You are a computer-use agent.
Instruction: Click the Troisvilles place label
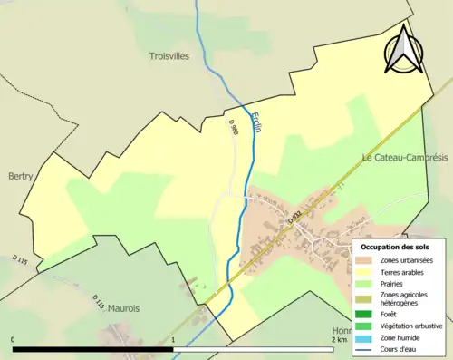tap(169, 56)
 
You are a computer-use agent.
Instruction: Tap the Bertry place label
tap(20, 176)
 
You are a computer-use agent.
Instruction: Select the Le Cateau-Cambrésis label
tap(406, 157)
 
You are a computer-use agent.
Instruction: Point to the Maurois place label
tap(123, 308)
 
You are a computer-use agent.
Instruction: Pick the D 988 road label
tap(235, 131)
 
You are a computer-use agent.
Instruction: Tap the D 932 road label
tap(293, 219)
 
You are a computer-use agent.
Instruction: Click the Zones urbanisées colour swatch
tap(366, 260)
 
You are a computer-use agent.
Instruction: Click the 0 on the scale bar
tap(14, 341)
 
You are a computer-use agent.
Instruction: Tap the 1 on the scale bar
tap(173, 341)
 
